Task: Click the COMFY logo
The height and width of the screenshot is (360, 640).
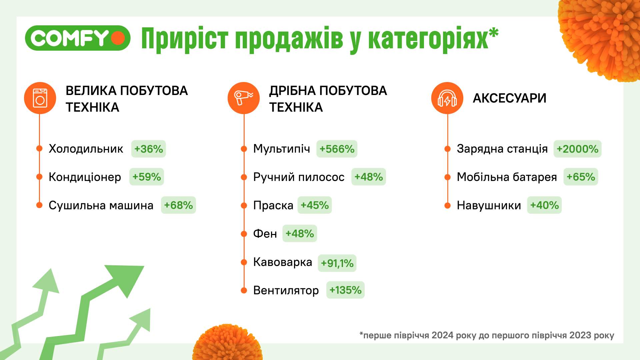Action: [77, 38]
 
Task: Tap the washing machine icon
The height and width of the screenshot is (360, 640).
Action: [40, 98]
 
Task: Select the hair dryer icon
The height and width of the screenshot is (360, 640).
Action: [244, 98]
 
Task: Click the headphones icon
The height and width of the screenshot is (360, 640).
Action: [447, 98]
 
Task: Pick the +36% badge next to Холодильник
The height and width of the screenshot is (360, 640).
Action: [148, 149]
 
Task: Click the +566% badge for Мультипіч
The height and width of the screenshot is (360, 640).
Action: [337, 149]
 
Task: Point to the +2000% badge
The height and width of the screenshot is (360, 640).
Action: [577, 149]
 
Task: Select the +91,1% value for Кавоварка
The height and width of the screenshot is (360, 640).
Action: [337, 263]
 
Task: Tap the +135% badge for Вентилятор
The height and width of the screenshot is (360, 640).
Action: [345, 290]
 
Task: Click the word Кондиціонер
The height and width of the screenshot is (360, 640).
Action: [85, 177]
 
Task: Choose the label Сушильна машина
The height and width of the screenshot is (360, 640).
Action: [101, 205]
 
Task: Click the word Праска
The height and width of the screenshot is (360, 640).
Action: [273, 205]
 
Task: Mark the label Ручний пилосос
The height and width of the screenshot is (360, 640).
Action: [299, 177]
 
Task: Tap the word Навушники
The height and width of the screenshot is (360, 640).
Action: [489, 205]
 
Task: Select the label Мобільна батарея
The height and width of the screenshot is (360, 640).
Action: [507, 177]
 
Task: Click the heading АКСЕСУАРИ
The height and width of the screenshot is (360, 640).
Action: [509, 98]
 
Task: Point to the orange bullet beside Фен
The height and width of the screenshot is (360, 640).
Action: [244, 234]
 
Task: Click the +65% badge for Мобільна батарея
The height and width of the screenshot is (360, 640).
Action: [581, 177]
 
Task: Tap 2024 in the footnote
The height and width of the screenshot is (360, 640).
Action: [442, 335]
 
